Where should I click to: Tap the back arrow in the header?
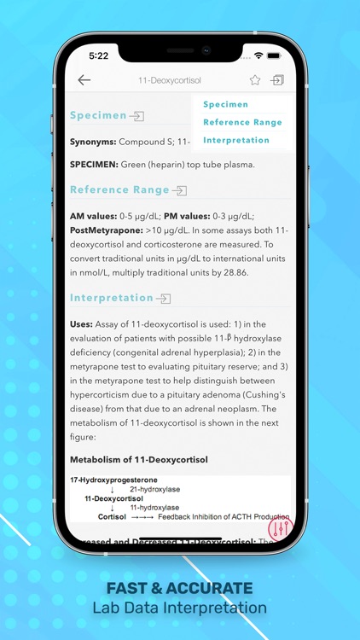(x=84, y=80)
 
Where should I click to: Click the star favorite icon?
(x=255, y=80)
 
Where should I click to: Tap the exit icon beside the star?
(x=277, y=80)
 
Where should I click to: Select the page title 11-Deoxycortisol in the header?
(x=169, y=80)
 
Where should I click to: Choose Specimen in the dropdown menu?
(x=226, y=104)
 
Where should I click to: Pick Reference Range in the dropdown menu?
(x=242, y=122)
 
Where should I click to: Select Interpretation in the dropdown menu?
(x=236, y=140)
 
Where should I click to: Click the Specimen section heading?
(x=98, y=115)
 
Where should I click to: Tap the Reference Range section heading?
(x=119, y=189)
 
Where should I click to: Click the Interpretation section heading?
(x=112, y=298)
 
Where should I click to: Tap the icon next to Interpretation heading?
(x=164, y=299)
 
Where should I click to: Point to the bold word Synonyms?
(x=92, y=141)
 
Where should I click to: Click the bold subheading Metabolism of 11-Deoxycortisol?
(x=138, y=460)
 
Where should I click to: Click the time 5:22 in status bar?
(x=99, y=55)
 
